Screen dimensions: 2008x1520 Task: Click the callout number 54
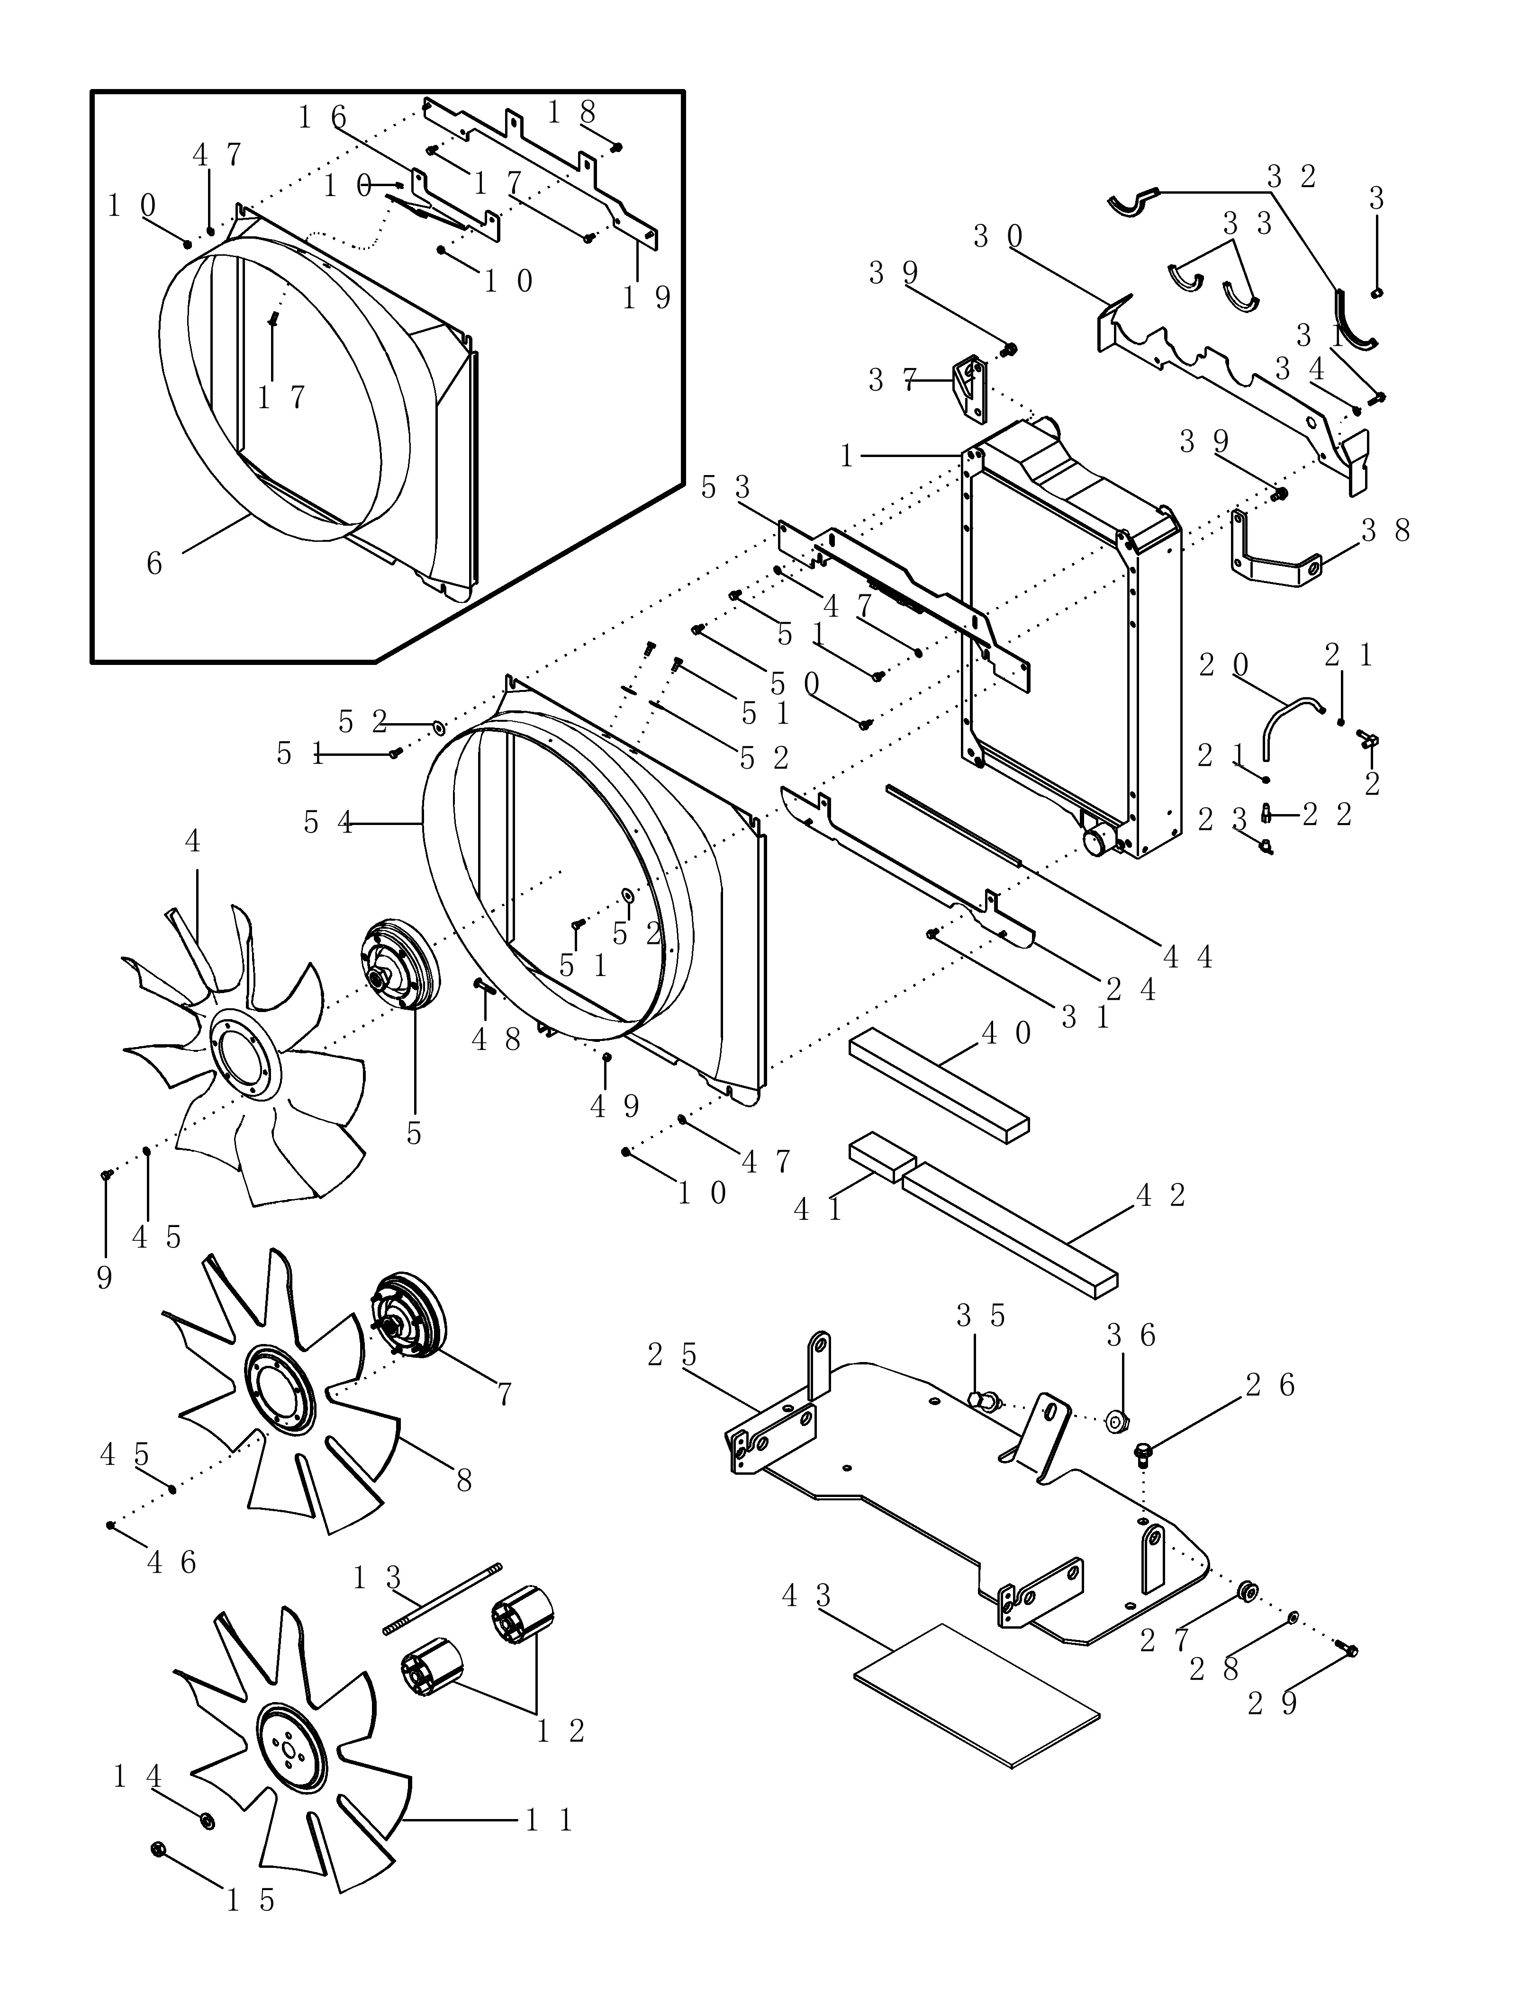327,824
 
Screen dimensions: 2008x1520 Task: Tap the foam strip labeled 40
939,1085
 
